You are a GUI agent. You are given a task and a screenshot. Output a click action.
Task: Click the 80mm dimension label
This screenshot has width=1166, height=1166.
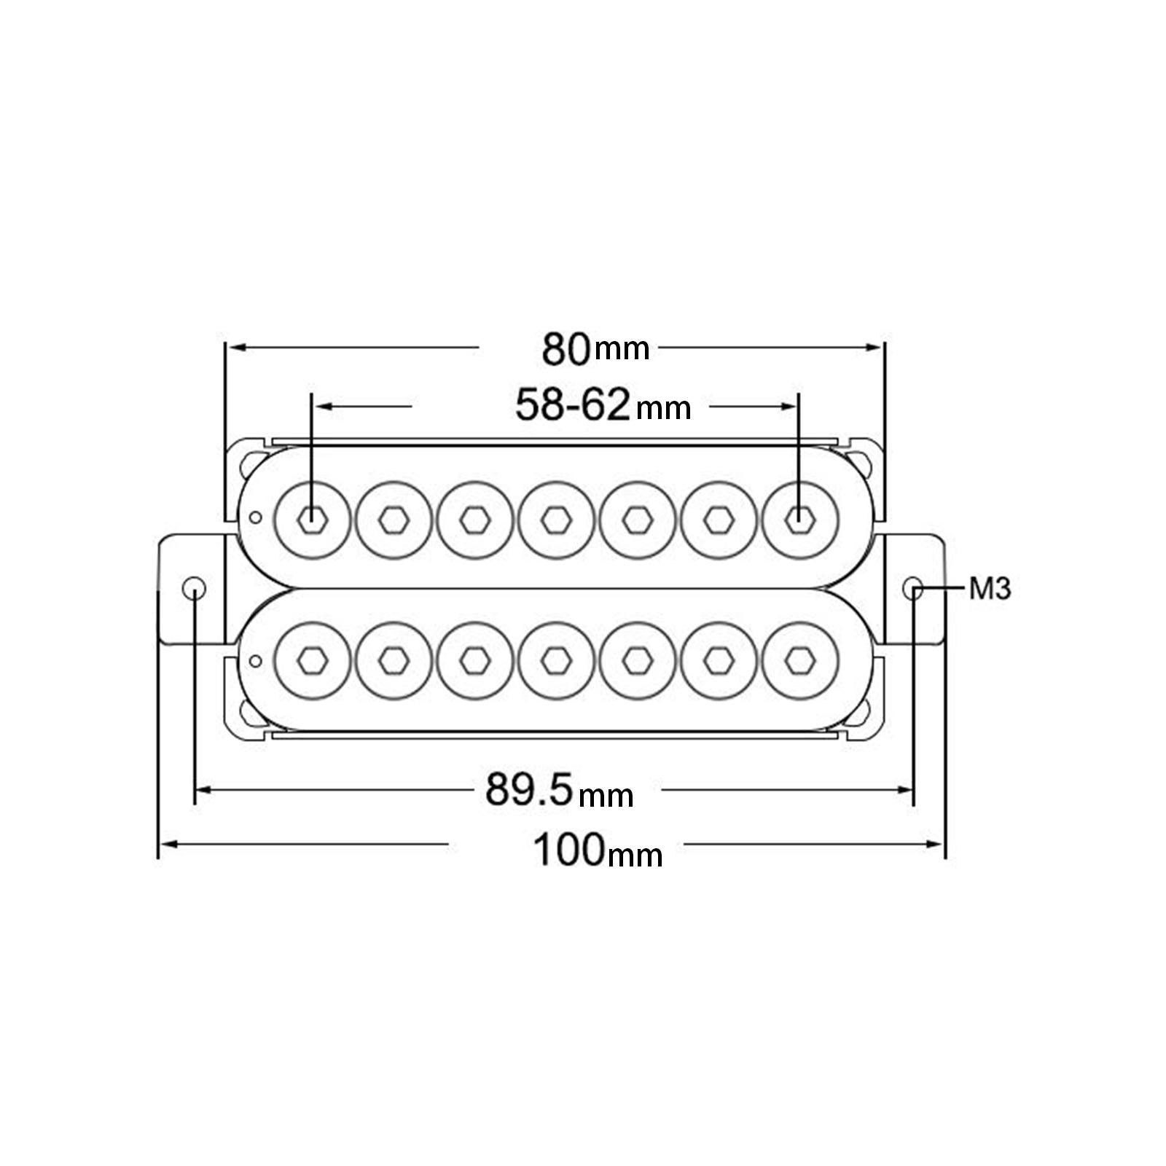(x=595, y=348)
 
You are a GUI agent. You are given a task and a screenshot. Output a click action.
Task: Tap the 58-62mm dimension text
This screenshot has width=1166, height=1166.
(x=603, y=405)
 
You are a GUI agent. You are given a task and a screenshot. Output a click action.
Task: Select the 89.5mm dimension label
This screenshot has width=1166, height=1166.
(x=560, y=790)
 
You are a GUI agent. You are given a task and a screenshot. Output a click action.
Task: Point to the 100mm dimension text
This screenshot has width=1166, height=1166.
(x=598, y=850)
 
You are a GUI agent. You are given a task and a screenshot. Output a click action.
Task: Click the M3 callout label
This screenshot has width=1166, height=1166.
(x=990, y=588)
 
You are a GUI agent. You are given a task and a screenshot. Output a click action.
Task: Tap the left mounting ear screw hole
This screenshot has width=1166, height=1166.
(x=195, y=587)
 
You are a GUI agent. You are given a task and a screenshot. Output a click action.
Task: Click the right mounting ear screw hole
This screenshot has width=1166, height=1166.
(x=913, y=587)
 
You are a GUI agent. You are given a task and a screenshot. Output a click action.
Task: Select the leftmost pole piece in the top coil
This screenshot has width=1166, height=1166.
(x=312, y=519)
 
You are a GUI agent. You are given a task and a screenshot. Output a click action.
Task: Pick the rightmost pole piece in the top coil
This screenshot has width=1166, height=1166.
(x=800, y=519)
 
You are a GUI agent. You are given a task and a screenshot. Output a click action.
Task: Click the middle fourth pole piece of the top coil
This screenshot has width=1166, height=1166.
(x=557, y=519)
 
